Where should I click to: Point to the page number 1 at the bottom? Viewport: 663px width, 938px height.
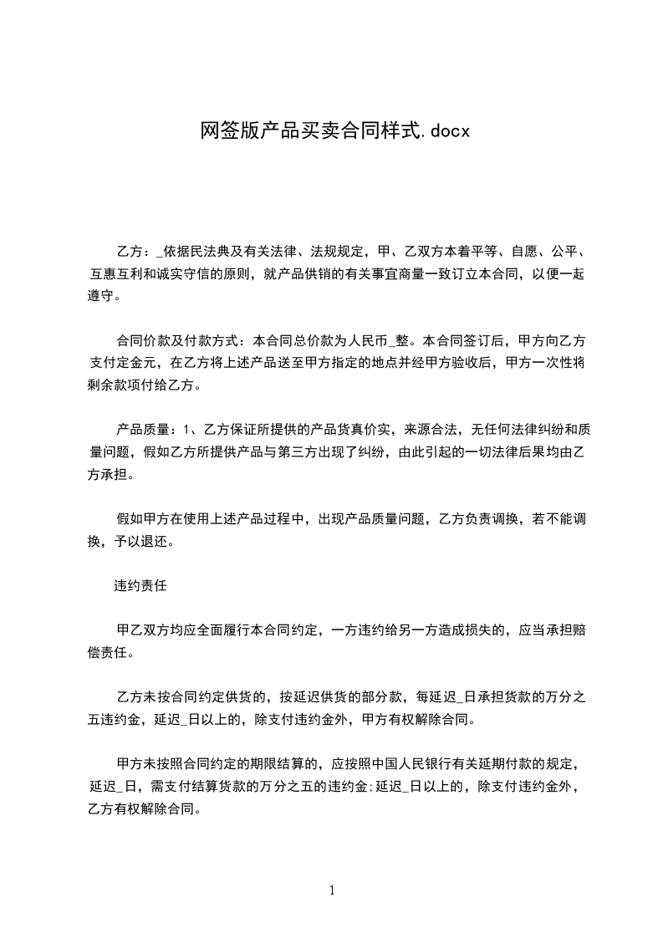(332, 890)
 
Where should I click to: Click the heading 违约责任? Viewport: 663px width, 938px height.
(140, 586)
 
